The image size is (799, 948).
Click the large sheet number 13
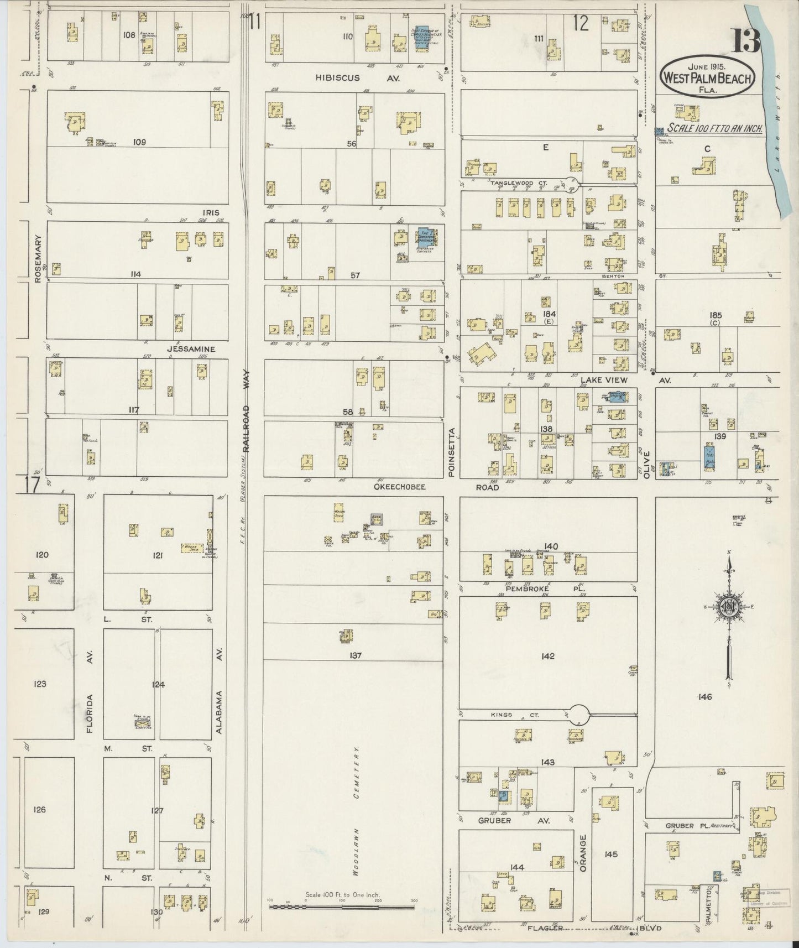click(747, 40)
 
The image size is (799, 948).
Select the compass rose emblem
click(729, 607)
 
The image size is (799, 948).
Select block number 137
click(355, 655)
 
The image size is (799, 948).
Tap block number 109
click(139, 142)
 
